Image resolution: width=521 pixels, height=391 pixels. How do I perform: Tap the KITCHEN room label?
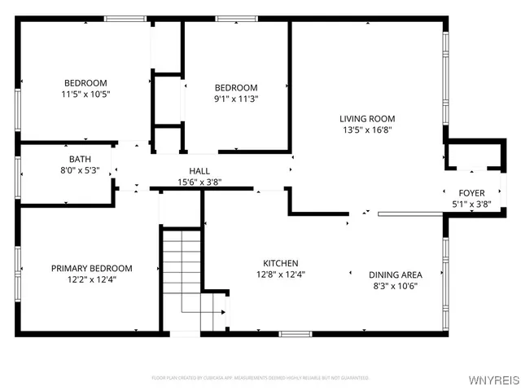tap(280, 263)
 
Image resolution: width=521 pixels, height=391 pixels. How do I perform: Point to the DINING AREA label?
tap(395, 275)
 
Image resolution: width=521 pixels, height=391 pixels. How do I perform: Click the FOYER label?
tap(471, 193)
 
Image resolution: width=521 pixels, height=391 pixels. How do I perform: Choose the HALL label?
tap(199, 171)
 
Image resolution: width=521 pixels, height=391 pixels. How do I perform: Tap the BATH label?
tap(80, 160)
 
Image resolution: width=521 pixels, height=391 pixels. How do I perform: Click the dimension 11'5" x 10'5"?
tap(86, 94)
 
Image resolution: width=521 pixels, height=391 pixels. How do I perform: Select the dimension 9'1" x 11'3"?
tap(236, 99)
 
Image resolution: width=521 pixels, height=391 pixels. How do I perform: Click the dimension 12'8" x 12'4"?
tap(280, 275)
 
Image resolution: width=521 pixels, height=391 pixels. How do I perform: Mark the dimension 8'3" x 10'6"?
tap(395, 286)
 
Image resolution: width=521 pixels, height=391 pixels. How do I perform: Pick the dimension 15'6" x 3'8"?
tap(199, 182)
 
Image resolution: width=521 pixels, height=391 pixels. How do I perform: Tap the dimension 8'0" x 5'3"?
tap(80, 171)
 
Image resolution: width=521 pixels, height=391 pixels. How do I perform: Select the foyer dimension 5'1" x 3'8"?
tap(471, 204)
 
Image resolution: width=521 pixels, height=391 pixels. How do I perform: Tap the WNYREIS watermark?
tap(493, 380)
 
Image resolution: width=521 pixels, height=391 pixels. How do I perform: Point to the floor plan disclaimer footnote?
tap(260, 378)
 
